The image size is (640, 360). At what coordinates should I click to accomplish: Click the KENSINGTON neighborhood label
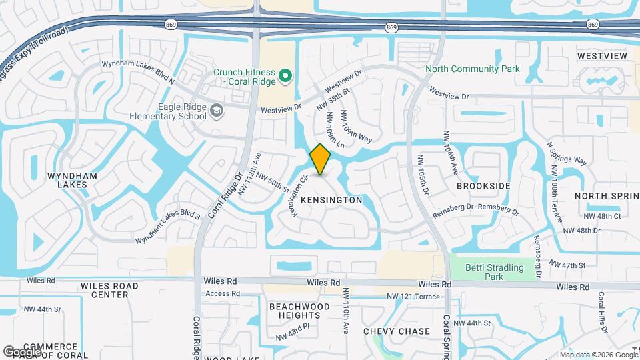[x=331, y=200]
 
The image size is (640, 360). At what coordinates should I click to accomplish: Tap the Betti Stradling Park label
[x=505, y=271]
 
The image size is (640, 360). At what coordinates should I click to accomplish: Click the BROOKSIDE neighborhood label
[x=483, y=186]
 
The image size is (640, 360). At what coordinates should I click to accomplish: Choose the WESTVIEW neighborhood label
[x=602, y=55]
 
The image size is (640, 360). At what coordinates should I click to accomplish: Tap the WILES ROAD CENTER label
[x=109, y=290]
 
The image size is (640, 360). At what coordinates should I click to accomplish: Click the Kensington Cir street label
[x=298, y=195]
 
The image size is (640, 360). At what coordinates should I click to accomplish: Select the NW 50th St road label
[x=272, y=184]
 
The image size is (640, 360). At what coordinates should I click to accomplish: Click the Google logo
[x=21, y=351]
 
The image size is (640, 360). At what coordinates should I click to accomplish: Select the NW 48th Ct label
[x=603, y=217]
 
